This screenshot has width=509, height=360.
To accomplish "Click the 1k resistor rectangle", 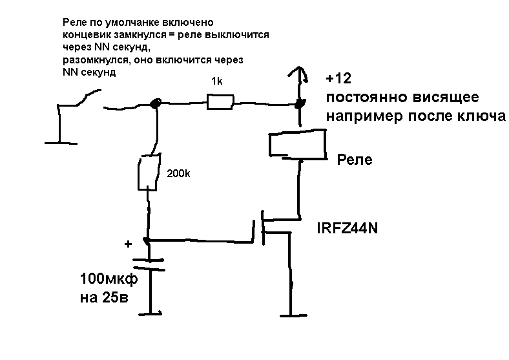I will point(220,101).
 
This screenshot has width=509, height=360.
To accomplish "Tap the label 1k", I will point(216,81).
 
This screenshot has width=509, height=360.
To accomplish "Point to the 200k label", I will point(179,174).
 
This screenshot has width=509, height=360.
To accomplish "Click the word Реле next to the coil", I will point(355,160).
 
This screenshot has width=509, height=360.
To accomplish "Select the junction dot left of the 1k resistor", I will point(155,103).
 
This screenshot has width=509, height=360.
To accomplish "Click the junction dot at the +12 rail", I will point(298,103).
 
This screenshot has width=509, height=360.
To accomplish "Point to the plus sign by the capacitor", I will point(128,244).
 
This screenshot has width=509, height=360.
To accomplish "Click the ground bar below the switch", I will point(60,141).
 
